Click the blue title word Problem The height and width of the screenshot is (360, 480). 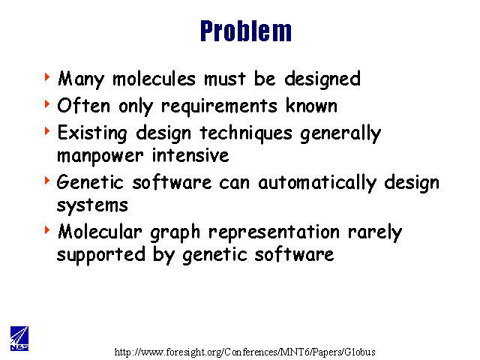pyautogui.click(x=246, y=31)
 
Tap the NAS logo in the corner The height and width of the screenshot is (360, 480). pyautogui.click(x=19, y=338)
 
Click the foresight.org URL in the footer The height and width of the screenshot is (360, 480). pyautogui.click(x=245, y=352)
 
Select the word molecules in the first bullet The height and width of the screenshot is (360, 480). pyautogui.click(x=154, y=79)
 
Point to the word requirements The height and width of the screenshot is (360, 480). pyautogui.click(x=219, y=107)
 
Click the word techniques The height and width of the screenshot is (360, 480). pyautogui.click(x=246, y=134)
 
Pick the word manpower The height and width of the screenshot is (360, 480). pyautogui.click(x=100, y=157)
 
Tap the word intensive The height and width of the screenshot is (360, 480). pyautogui.click(x=190, y=155)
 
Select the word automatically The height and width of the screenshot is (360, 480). pyautogui.click(x=317, y=183)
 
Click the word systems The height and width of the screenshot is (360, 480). pyautogui.click(x=92, y=205)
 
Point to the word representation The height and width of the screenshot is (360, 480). pyautogui.click(x=274, y=232)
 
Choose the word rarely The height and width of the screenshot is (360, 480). pyautogui.click(x=375, y=232)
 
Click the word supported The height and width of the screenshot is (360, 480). pyautogui.click(x=101, y=255)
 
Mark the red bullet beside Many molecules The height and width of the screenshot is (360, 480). pyautogui.click(x=47, y=76)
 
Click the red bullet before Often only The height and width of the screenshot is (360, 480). pyautogui.click(x=47, y=103)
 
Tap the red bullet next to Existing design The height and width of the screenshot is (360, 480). pyautogui.click(x=47, y=130)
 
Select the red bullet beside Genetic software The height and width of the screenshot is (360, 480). pyautogui.click(x=47, y=180)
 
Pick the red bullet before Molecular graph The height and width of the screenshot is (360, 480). pyautogui.click(x=47, y=230)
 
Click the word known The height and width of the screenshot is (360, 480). pyautogui.click(x=312, y=106)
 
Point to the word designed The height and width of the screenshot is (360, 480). pyautogui.click(x=322, y=79)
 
